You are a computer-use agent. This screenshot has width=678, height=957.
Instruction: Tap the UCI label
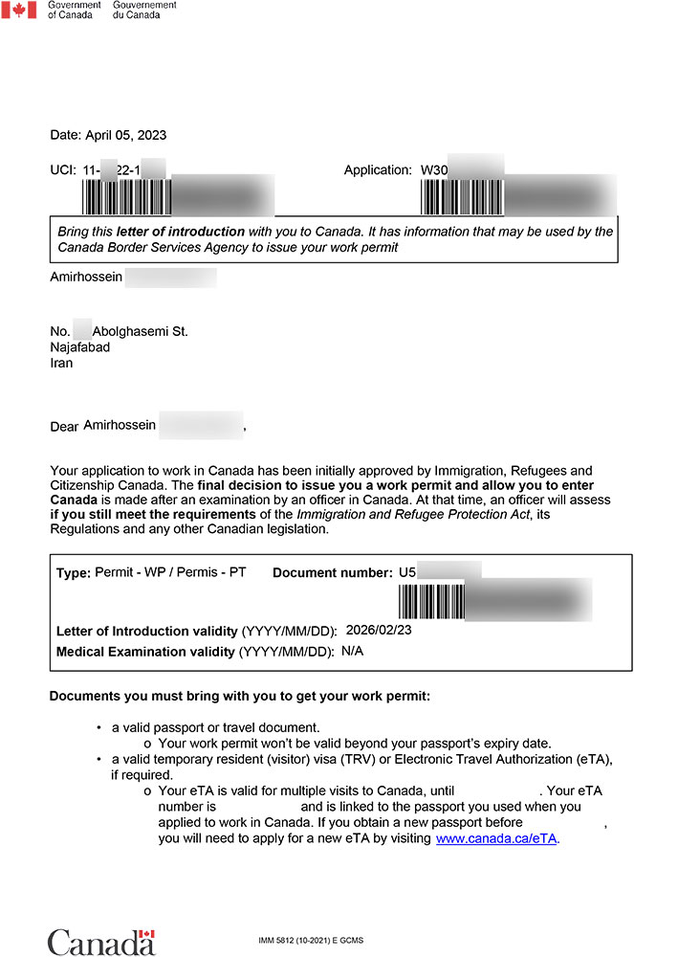click(x=62, y=170)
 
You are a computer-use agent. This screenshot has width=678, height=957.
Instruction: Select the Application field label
click(x=378, y=170)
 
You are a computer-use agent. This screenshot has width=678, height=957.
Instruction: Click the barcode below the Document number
click(x=432, y=602)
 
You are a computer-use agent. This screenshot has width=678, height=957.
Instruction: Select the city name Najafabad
click(x=79, y=347)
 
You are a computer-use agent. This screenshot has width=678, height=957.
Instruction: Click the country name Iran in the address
click(x=61, y=364)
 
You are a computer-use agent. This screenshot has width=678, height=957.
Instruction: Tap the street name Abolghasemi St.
click(x=140, y=331)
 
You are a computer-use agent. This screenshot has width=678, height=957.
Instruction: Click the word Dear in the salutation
click(x=64, y=427)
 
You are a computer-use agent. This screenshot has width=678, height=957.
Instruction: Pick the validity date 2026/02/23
click(x=378, y=631)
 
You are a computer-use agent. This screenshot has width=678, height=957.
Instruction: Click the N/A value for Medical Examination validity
click(x=353, y=652)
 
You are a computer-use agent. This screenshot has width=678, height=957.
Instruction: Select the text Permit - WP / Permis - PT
click(x=170, y=572)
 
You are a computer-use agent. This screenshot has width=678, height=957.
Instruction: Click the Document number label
click(x=332, y=573)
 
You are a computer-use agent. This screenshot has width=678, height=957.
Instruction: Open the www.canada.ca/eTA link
click(x=496, y=838)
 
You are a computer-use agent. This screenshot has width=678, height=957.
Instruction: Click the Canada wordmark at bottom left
click(x=100, y=942)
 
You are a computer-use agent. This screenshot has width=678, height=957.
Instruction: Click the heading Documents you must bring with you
click(x=240, y=696)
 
